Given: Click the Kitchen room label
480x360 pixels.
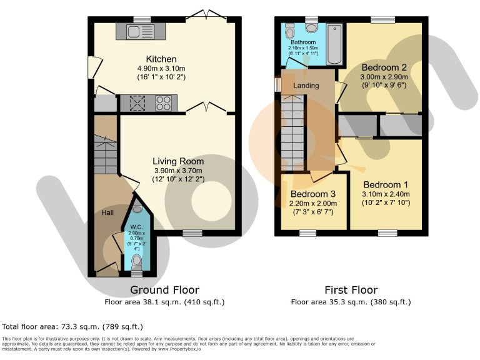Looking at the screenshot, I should click(161, 59).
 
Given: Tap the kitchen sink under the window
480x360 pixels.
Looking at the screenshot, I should click(135, 31).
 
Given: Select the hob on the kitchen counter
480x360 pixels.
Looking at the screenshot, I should click(164, 102).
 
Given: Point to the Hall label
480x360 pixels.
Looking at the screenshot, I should click(107, 213).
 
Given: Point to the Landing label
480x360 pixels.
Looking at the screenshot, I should click(306, 86).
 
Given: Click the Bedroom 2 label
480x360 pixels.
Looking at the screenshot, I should click(383, 67).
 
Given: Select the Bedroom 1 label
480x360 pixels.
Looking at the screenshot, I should click(385, 185).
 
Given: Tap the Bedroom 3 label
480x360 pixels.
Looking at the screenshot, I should click(312, 194).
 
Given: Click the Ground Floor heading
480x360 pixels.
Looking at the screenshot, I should click(164, 290).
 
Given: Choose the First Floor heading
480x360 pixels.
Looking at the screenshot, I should click(351, 290).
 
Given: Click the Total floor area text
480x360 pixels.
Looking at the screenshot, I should click(72, 326).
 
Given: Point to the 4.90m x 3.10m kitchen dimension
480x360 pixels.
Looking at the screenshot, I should click(161, 69).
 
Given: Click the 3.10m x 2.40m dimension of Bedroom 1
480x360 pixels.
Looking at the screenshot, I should click(385, 195).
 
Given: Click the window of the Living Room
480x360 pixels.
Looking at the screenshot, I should click(192, 232).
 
